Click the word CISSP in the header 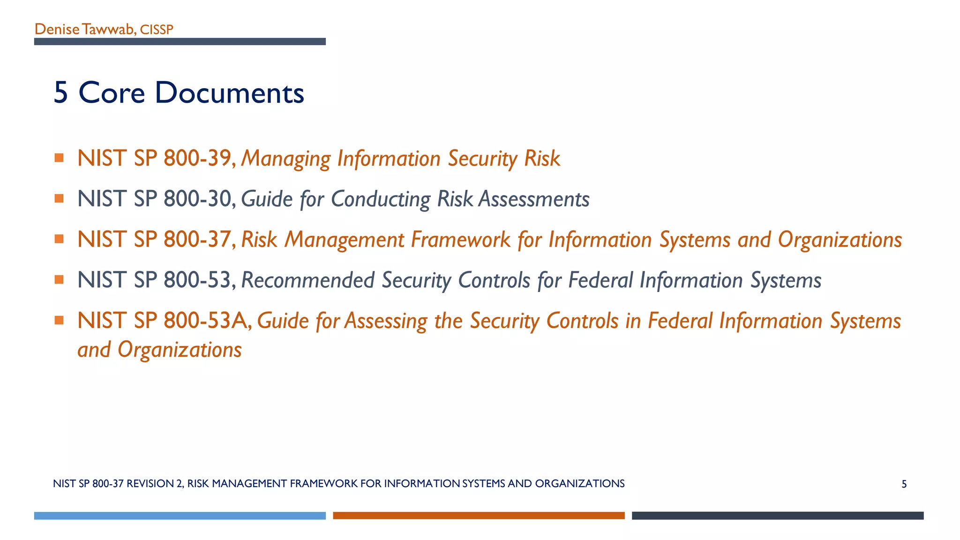[x=157, y=30]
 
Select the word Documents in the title [x=229, y=92]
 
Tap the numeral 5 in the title [x=61, y=92]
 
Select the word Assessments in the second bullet [x=534, y=199]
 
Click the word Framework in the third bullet [x=461, y=240]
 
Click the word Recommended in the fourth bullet [x=307, y=280]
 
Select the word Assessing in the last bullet [x=386, y=322]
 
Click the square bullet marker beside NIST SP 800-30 [x=59, y=198]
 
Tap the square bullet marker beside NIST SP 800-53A [x=59, y=320]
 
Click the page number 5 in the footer [x=904, y=484]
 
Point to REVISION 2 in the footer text [x=155, y=484]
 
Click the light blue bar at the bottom [x=180, y=516]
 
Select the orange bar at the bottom [x=479, y=516]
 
